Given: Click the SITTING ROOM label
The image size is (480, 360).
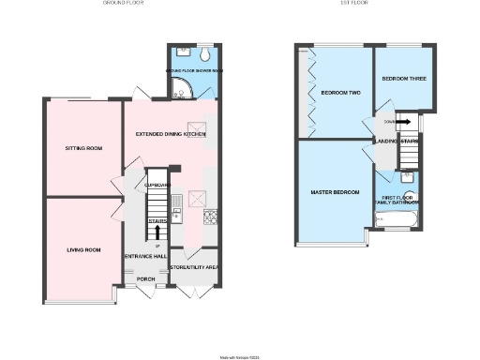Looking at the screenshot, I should point(82,148).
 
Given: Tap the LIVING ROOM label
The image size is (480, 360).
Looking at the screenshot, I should point(82,250).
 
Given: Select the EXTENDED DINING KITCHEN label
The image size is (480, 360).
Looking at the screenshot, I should point(171,135).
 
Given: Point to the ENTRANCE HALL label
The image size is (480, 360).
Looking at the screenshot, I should point(144,256).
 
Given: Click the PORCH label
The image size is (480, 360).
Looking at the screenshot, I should point(145,278).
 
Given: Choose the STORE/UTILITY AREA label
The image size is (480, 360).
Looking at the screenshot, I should point(193,268).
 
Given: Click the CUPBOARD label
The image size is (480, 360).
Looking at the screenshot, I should point(156,185).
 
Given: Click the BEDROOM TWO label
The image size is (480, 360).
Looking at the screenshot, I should point(340,93).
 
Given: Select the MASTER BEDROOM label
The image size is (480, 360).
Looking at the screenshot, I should point(335,192).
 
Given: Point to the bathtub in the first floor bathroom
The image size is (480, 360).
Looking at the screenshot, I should point(394,221).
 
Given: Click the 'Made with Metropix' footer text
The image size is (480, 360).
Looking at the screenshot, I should point(240,356).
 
